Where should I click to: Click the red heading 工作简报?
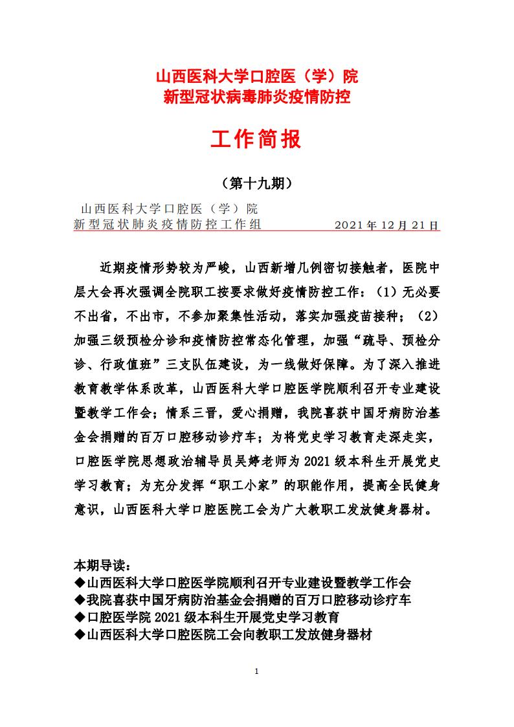pos(257,139)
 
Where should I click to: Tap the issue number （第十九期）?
pos(257,183)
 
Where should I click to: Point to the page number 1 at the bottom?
pos(257,671)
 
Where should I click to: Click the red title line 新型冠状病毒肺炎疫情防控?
pos(257,98)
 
